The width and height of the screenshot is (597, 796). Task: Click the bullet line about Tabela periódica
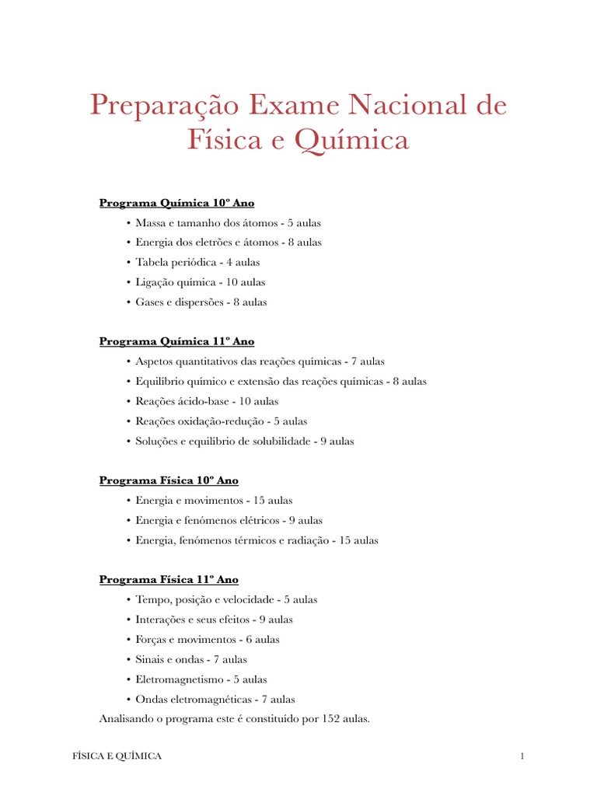[x=197, y=262]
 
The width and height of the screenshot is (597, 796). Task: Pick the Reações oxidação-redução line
[x=221, y=421]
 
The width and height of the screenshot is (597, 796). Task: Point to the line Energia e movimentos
[x=214, y=501]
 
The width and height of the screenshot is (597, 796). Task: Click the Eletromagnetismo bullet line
[x=201, y=679]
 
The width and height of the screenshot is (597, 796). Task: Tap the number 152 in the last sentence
[x=328, y=719]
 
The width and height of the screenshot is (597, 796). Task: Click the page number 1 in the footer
[x=523, y=756]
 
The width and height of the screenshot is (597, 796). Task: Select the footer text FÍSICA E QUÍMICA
[x=112, y=756]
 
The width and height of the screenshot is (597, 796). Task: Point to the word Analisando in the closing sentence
[x=127, y=719]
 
